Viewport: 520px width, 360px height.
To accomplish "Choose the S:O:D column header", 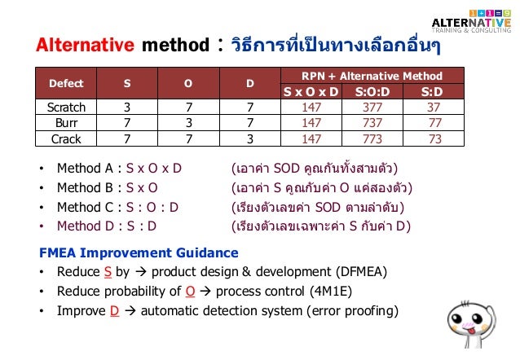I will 372,90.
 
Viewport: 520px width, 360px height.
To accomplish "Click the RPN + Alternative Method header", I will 372,75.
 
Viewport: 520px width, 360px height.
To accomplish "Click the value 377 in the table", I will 372,107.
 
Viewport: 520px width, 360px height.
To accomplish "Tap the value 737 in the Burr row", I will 372,122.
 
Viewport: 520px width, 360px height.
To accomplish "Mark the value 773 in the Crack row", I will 372,138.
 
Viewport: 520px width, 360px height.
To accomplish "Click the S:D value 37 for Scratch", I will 434,107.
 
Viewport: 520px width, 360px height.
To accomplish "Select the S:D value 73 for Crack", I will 434,138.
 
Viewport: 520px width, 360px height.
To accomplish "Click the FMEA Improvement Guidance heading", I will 139,252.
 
